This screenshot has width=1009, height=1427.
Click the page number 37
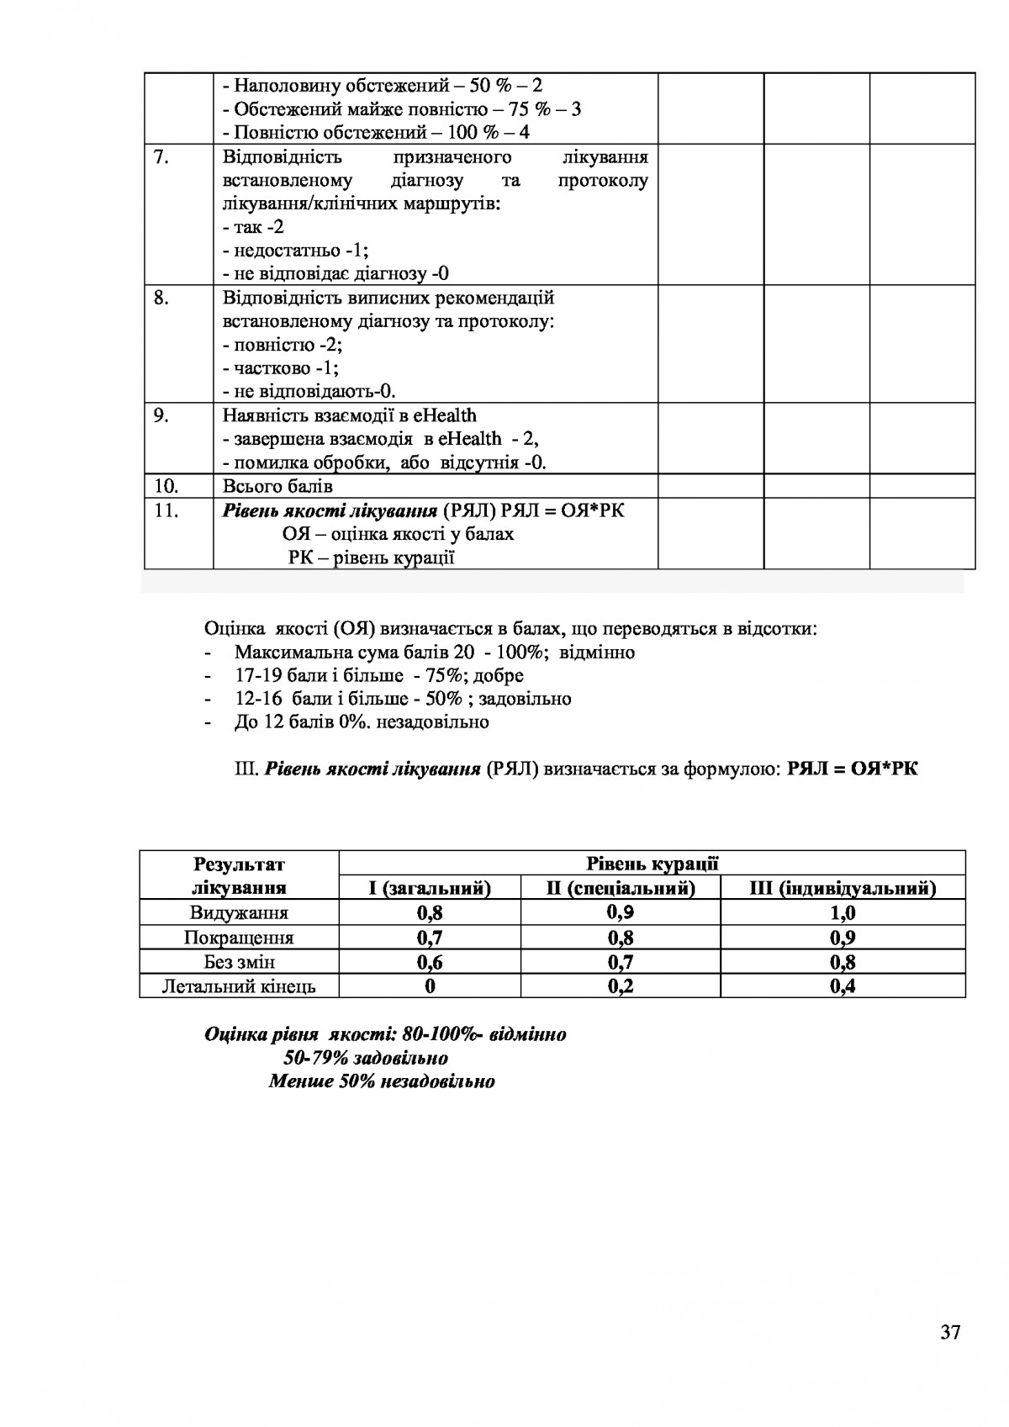pos(950,1332)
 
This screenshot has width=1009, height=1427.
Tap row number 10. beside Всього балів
pos(166,486)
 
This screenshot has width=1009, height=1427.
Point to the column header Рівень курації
pos(652,864)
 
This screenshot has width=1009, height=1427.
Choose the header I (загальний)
pos(430,888)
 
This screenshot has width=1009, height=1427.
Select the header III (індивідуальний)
pos(843,888)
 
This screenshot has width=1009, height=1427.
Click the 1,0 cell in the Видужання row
pos(843,913)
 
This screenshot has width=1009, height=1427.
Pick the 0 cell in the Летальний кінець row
pos(430,986)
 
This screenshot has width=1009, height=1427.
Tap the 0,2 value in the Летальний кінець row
pos(621,986)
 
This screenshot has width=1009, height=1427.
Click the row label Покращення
pos(239,938)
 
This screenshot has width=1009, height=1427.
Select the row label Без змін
pos(239,962)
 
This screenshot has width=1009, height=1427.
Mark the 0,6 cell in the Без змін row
pos(430,962)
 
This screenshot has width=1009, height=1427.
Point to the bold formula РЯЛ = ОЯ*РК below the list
pos(853,769)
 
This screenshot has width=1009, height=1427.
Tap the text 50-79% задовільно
pos(366,1058)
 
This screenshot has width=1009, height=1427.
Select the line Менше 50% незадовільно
pos(382,1081)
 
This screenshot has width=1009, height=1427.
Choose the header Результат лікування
pos(239,875)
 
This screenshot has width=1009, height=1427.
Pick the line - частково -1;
pos(282,367)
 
